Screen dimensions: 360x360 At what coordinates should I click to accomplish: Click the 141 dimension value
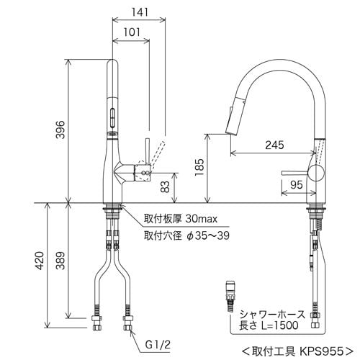(x=140, y=12)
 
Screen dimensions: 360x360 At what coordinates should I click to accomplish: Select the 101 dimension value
(x=132, y=32)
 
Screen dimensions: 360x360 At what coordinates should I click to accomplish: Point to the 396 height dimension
(x=60, y=130)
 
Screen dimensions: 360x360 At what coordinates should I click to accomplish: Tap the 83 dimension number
(x=165, y=186)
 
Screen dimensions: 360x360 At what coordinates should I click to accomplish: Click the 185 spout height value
(x=199, y=167)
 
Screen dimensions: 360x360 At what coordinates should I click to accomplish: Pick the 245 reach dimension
(x=274, y=145)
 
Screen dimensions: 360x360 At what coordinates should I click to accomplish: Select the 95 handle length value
(x=297, y=185)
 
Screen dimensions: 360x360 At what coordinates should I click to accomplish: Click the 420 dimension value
(x=40, y=261)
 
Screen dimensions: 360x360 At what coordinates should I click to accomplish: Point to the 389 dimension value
(x=60, y=261)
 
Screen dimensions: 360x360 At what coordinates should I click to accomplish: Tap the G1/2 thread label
(x=158, y=345)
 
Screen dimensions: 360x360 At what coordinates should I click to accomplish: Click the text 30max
(x=202, y=219)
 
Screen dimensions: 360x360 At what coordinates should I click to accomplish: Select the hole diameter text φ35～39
(x=208, y=235)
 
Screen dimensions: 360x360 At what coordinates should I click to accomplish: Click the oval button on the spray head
(x=112, y=118)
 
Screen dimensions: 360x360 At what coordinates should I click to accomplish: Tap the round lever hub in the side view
(x=316, y=173)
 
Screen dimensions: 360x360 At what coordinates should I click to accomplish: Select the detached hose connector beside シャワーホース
(x=231, y=296)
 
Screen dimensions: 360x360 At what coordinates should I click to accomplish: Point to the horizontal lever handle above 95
(x=295, y=173)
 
